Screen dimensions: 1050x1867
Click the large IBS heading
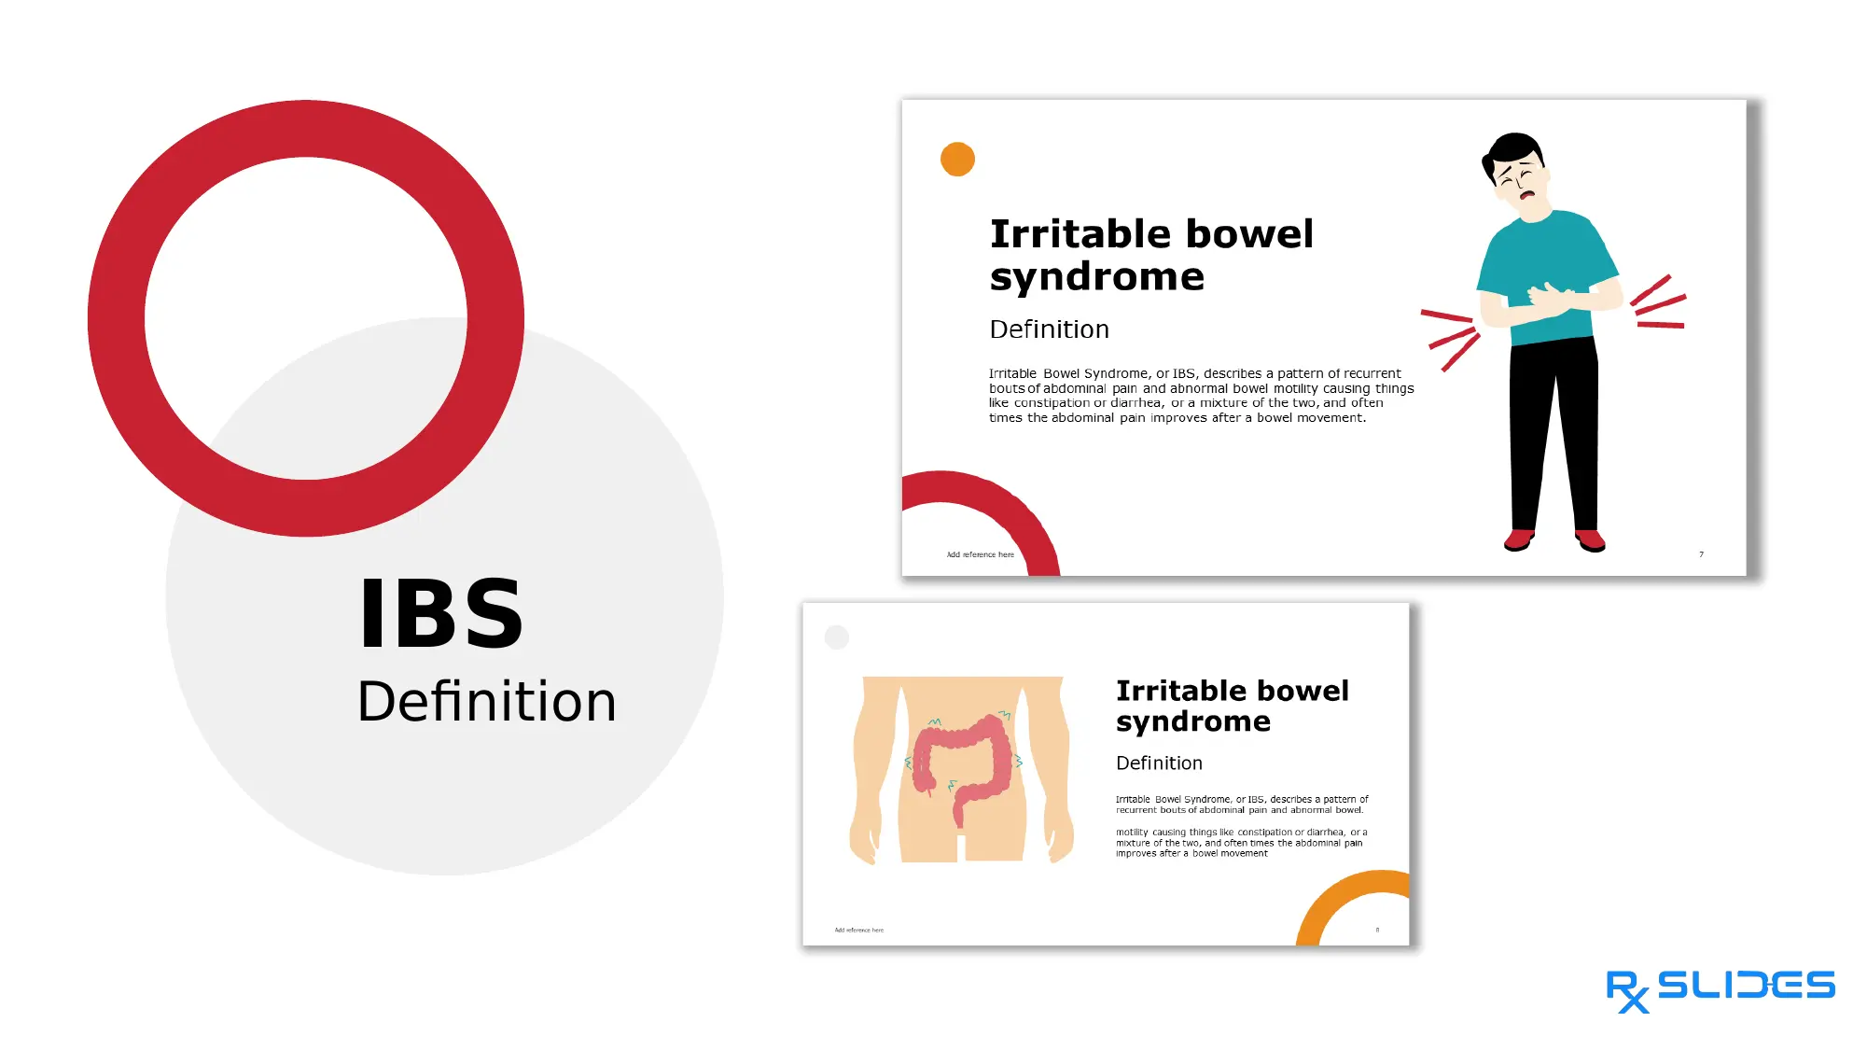(441, 613)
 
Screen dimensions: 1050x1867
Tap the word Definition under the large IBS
(486, 701)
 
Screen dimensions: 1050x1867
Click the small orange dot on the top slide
(957, 160)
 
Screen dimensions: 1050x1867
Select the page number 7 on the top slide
(1701, 554)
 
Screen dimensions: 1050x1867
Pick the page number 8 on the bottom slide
(1377, 930)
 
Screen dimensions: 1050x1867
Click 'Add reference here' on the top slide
(980, 554)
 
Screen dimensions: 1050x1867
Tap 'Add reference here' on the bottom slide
(858, 930)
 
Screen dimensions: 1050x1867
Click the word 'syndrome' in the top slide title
(1097, 277)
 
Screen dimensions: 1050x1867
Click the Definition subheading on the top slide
(1049, 329)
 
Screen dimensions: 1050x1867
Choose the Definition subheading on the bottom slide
(1159, 763)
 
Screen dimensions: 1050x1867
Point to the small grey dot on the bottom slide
(837, 637)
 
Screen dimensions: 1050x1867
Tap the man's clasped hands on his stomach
(1551, 298)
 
